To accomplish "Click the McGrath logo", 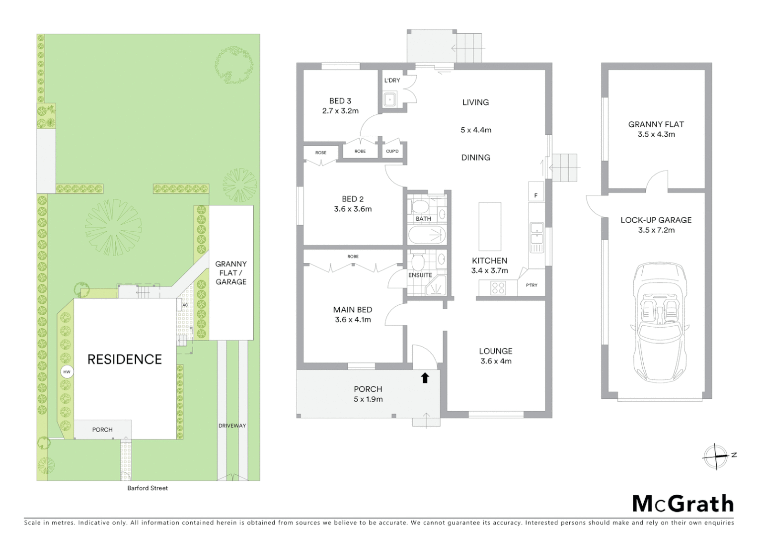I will point(683,504).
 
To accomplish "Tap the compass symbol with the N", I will point(715,456).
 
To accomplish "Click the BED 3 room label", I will point(340,101).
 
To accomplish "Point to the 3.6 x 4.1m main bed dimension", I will point(353,320).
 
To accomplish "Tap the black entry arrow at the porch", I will point(425,378).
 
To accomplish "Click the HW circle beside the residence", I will point(67,371).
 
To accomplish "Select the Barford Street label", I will point(148,488).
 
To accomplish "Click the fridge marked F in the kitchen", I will point(536,195).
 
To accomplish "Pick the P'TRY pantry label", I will point(531,285).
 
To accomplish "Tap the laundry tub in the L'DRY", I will point(390,99).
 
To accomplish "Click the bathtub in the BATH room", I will point(427,235).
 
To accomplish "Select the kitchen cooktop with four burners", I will point(498,288).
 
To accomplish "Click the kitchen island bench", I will point(490,226).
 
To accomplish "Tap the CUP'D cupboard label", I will point(392,152).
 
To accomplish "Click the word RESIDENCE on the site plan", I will point(125,359).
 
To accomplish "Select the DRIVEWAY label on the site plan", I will point(232,426).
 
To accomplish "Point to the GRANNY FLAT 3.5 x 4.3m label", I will point(656,129).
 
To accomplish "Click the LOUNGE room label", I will point(496,351).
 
